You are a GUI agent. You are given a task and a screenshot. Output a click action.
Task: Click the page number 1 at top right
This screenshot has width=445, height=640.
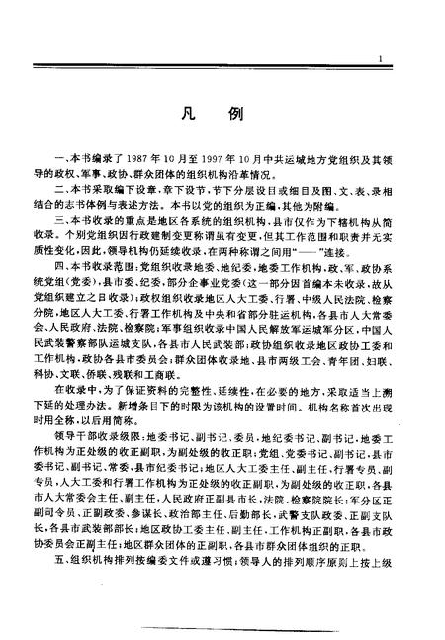pos(382,60)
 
